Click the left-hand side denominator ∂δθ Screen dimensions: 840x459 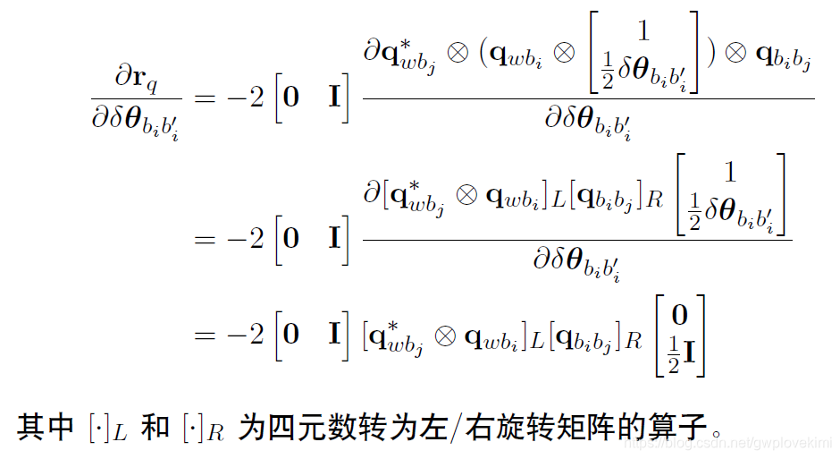click(x=137, y=119)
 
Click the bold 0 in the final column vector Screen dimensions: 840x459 click(x=680, y=314)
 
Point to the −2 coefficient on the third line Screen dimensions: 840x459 click(x=246, y=335)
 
